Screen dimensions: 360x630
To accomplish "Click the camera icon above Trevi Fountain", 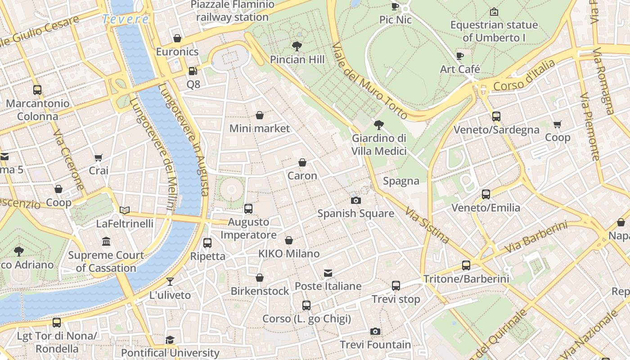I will (x=375, y=332).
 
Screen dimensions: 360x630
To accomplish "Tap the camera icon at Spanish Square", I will (x=356, y=200).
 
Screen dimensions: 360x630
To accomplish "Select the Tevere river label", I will (x=125, y=19).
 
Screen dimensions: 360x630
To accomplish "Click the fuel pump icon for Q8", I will (x=193, y=71).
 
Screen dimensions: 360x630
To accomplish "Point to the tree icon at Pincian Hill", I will (x=297, y=46).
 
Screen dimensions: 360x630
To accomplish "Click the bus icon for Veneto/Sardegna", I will (x=496, y=117).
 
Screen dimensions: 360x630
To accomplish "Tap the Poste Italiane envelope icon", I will (x=328, y=273).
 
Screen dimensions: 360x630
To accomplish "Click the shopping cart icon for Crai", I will (x=99, y=157).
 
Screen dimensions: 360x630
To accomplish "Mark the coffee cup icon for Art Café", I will (x=459, y=56).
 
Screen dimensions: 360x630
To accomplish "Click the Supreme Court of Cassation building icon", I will (x=106, y=242).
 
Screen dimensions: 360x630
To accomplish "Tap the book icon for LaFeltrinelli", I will (x=125, y=210).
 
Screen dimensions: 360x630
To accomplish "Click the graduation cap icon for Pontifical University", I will (x=170, y=340).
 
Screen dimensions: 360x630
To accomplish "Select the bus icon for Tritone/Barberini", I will (x=466, y=265).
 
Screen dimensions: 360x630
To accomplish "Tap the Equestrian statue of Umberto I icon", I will (x=494, y=12).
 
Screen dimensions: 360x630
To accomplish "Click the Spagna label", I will (x=401, y=181).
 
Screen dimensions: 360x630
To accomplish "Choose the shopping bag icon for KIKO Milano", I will (x=289, y=240).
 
